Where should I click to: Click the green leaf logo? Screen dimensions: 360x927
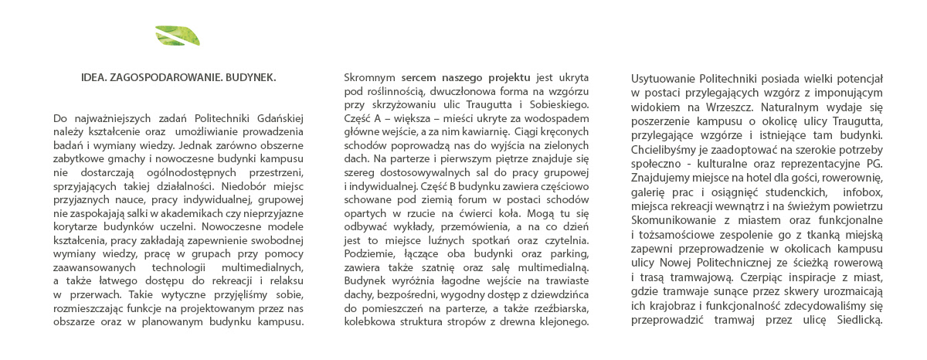178,35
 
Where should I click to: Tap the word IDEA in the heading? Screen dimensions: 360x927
93,78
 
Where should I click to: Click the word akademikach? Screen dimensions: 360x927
206,215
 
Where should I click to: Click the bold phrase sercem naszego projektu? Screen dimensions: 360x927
466,78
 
